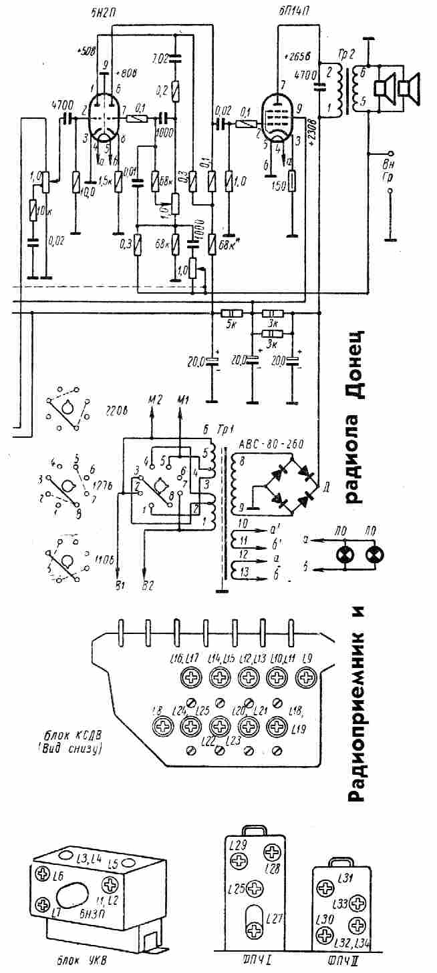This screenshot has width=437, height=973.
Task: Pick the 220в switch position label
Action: pos(116,410)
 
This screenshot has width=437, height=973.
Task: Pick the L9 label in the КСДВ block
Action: pos(308,659)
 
